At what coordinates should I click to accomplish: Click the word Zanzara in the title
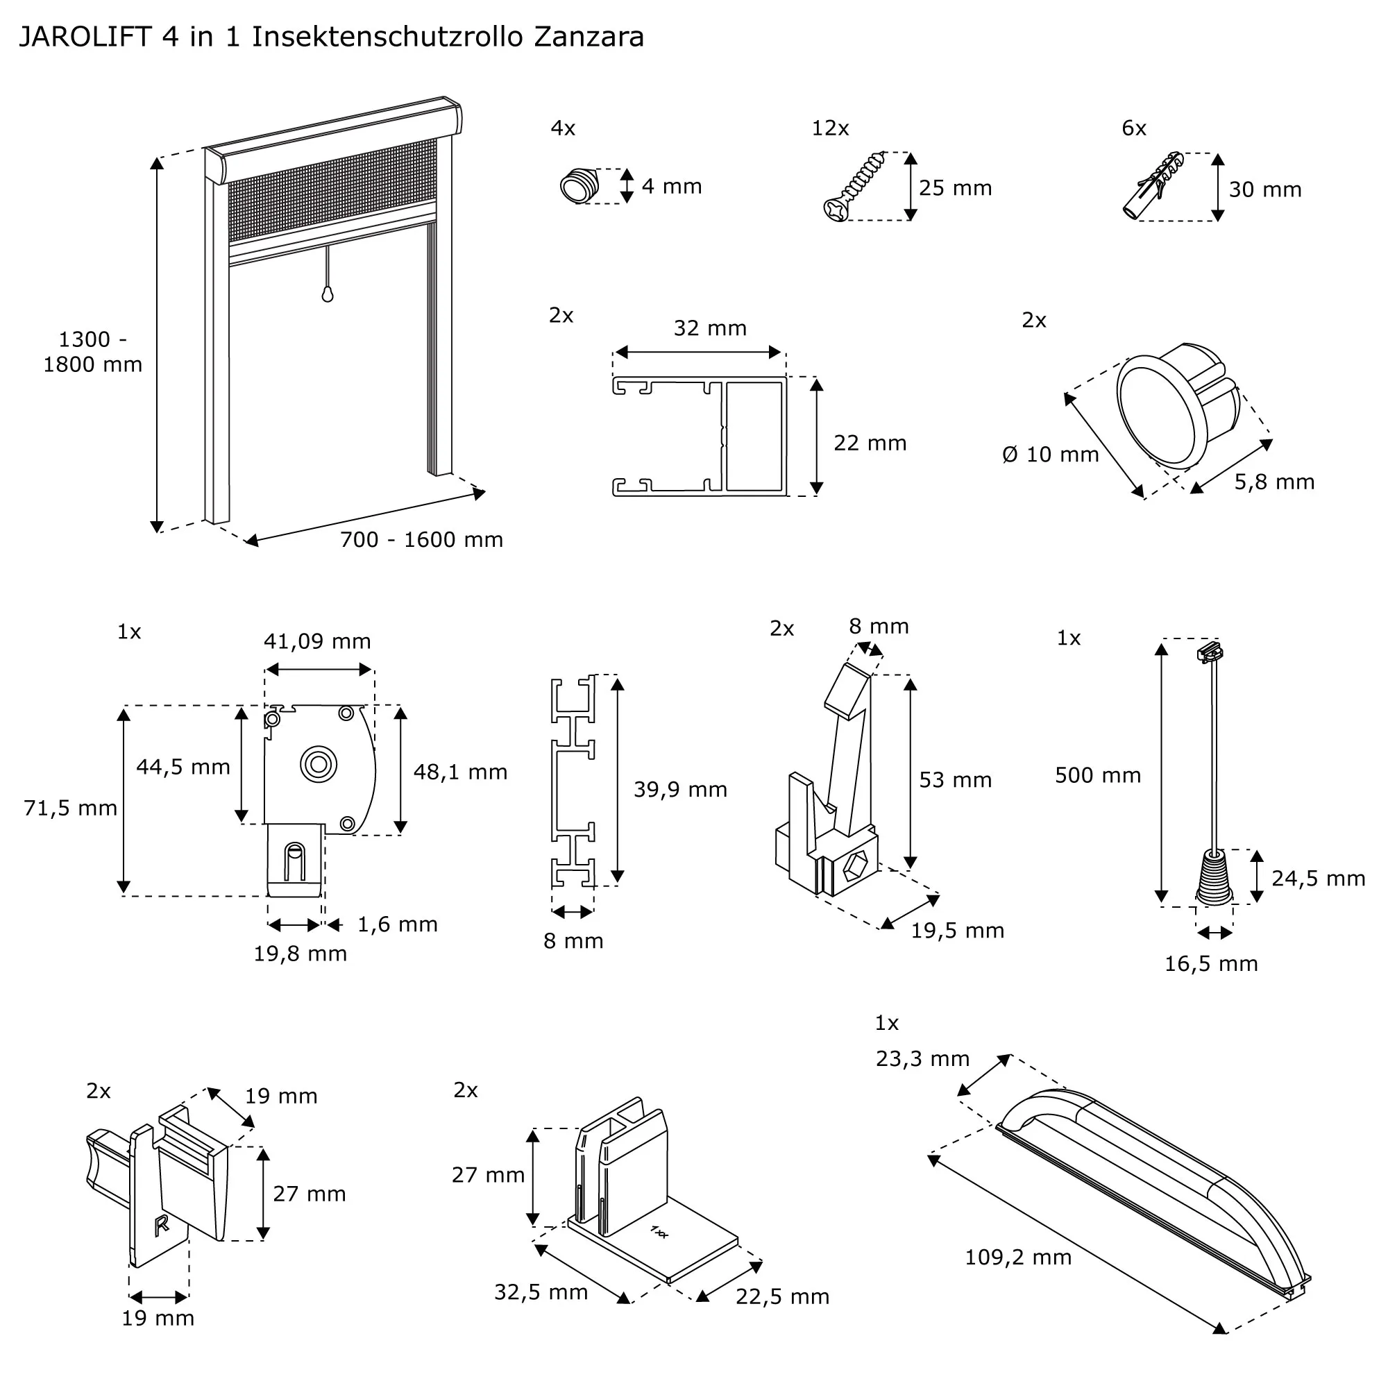coord(589,37)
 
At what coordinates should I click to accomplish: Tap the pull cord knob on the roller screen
coord(328,294)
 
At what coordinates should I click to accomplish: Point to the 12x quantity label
coord(830,128)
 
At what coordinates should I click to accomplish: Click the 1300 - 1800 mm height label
coord(93,352)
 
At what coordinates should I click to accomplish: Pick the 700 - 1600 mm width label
coord(421,539)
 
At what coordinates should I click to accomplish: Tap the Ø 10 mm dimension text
coord(1050,455)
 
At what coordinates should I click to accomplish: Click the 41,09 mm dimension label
coord(317,641)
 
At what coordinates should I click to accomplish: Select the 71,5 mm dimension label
coord(70,809)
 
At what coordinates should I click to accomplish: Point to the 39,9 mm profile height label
coord(679,790)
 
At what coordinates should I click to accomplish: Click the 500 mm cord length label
coord(1097,775)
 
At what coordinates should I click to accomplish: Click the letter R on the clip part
coord(162,1225)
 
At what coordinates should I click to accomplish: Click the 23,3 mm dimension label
coord(922,1058)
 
